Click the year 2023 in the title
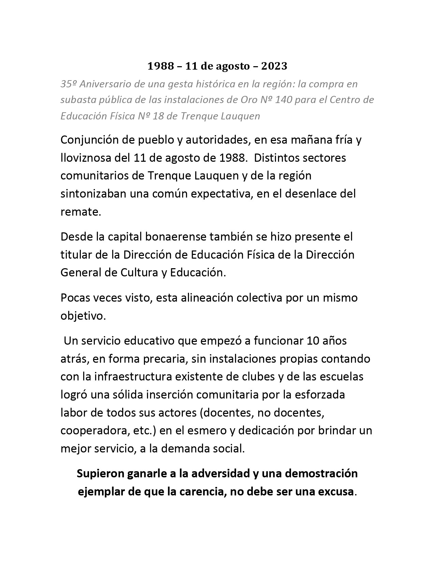point(274,66)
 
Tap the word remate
point(81,212)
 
